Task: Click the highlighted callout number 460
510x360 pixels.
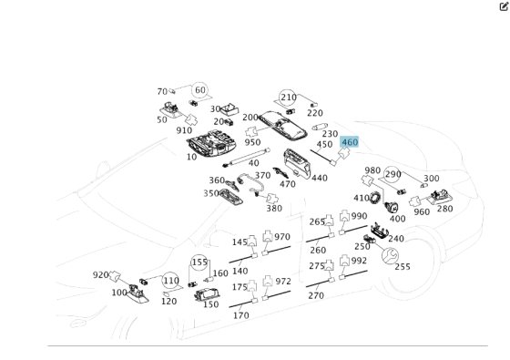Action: (x=350, y=142)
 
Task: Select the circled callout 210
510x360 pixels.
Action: (x=288, y=98)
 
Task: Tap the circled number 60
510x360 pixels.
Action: (x=199, y=90)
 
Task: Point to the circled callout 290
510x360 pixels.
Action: (x=393, y=174)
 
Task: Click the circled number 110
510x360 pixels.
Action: (x=170, y=281)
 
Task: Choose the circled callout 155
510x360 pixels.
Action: (x=199, y=262)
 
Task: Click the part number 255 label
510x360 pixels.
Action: (x=402, y=267)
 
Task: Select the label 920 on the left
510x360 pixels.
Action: (x=101, y=274)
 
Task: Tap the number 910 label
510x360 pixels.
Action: (x=184, y=130)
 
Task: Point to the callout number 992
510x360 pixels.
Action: (x=359, y=261)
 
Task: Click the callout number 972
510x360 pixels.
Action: (x=282, y=282)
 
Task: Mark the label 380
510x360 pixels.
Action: (x=273, y=208)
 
